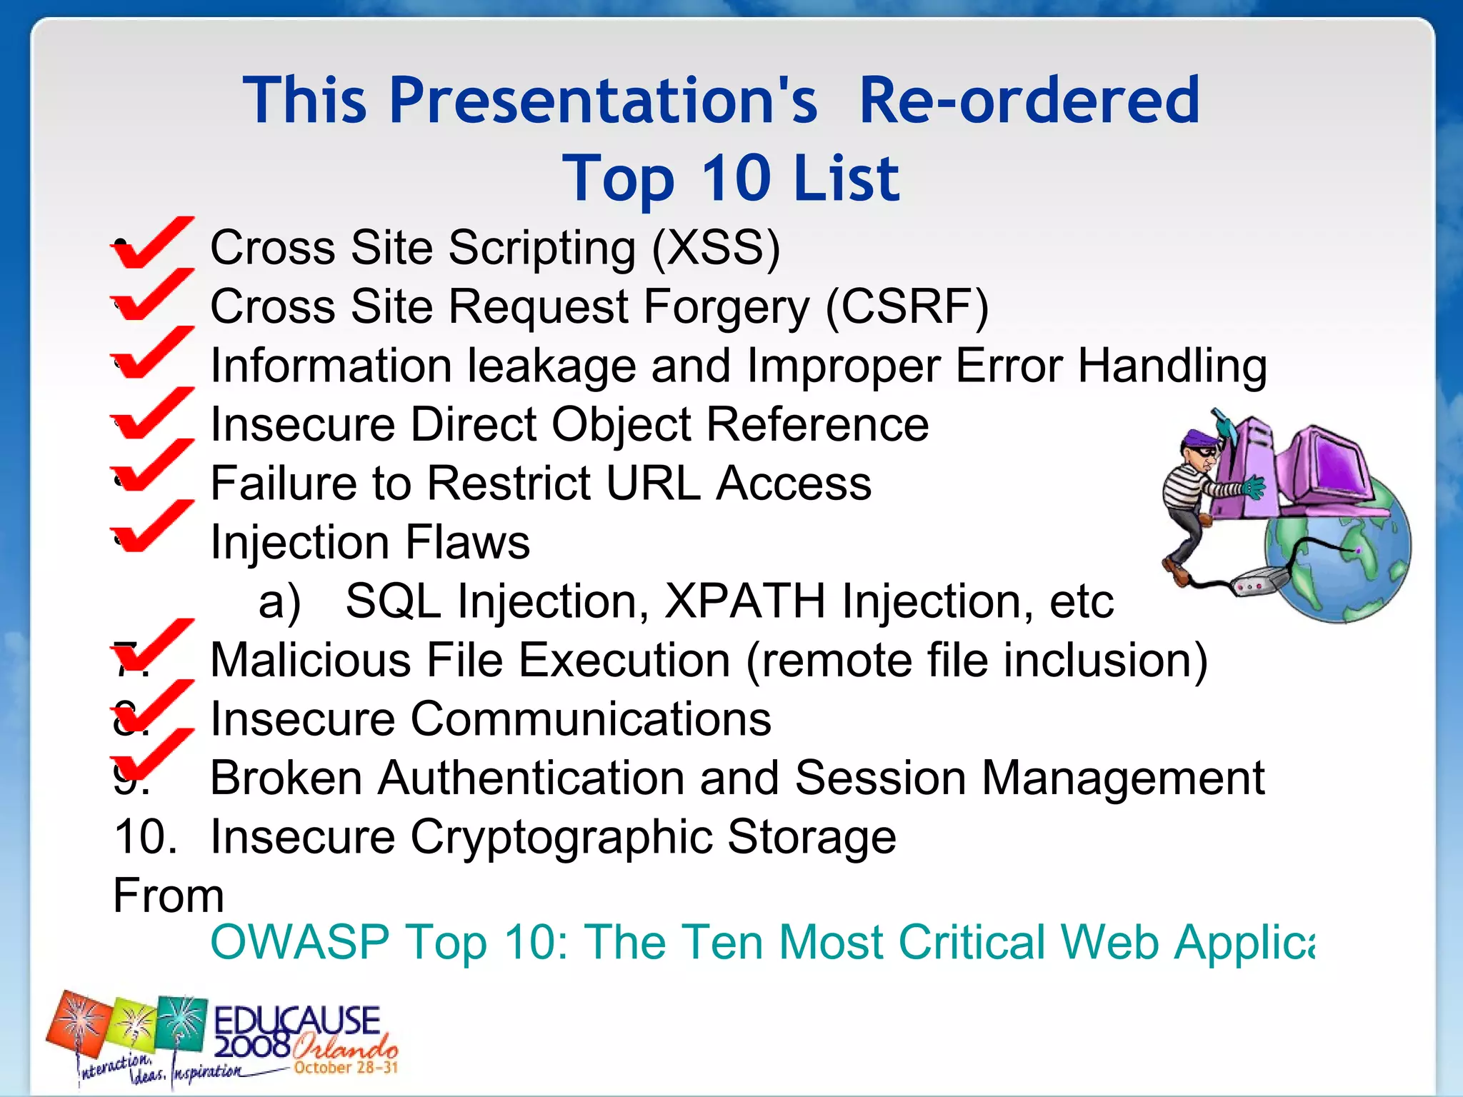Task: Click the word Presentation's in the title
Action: tap(602, 101)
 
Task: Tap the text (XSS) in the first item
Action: tap(716, 248)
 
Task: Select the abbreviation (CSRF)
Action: tap(907, 307)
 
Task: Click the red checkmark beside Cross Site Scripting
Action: tap(151, 242)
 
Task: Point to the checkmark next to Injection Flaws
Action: tap(151, 526)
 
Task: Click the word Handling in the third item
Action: tap(1172, 366)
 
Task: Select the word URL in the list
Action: tap(652, 484)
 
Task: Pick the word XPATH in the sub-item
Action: tap(744, 601)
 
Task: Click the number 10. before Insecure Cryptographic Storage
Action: tap(145, 836)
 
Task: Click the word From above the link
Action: tap(169, 895)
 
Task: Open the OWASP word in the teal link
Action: tap(300, 942)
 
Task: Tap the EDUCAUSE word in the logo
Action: tap(296, 1019)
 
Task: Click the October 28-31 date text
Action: tap(345, 1068)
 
